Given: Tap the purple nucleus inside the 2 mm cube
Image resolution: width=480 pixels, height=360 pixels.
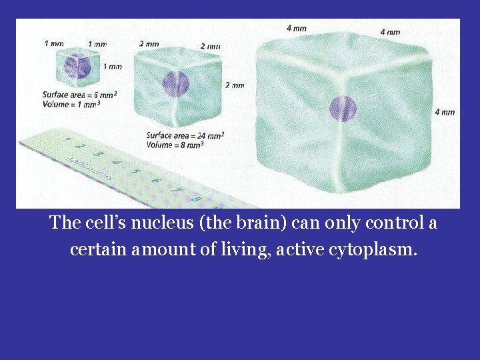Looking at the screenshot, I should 176,85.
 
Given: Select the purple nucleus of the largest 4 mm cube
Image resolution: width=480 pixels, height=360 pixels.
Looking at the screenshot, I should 343,109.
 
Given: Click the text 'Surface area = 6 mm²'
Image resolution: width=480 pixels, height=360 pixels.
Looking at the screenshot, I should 79,95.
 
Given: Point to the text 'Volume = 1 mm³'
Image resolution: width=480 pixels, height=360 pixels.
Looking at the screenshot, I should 71,104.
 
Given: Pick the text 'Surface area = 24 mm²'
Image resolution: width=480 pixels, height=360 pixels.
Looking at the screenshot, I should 185,135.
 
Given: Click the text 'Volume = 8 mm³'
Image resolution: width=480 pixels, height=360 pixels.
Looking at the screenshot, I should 175,145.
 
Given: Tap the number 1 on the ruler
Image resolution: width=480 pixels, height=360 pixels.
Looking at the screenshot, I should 67,140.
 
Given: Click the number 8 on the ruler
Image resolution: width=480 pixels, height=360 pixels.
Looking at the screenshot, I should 195,198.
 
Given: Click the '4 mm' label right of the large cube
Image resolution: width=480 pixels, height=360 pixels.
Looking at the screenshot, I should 445,112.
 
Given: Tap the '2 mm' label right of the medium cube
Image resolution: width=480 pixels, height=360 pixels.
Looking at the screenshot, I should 235,85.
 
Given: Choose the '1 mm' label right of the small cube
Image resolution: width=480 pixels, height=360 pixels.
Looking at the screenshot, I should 112,66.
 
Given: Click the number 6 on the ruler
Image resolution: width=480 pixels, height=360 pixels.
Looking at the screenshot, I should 155,180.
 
